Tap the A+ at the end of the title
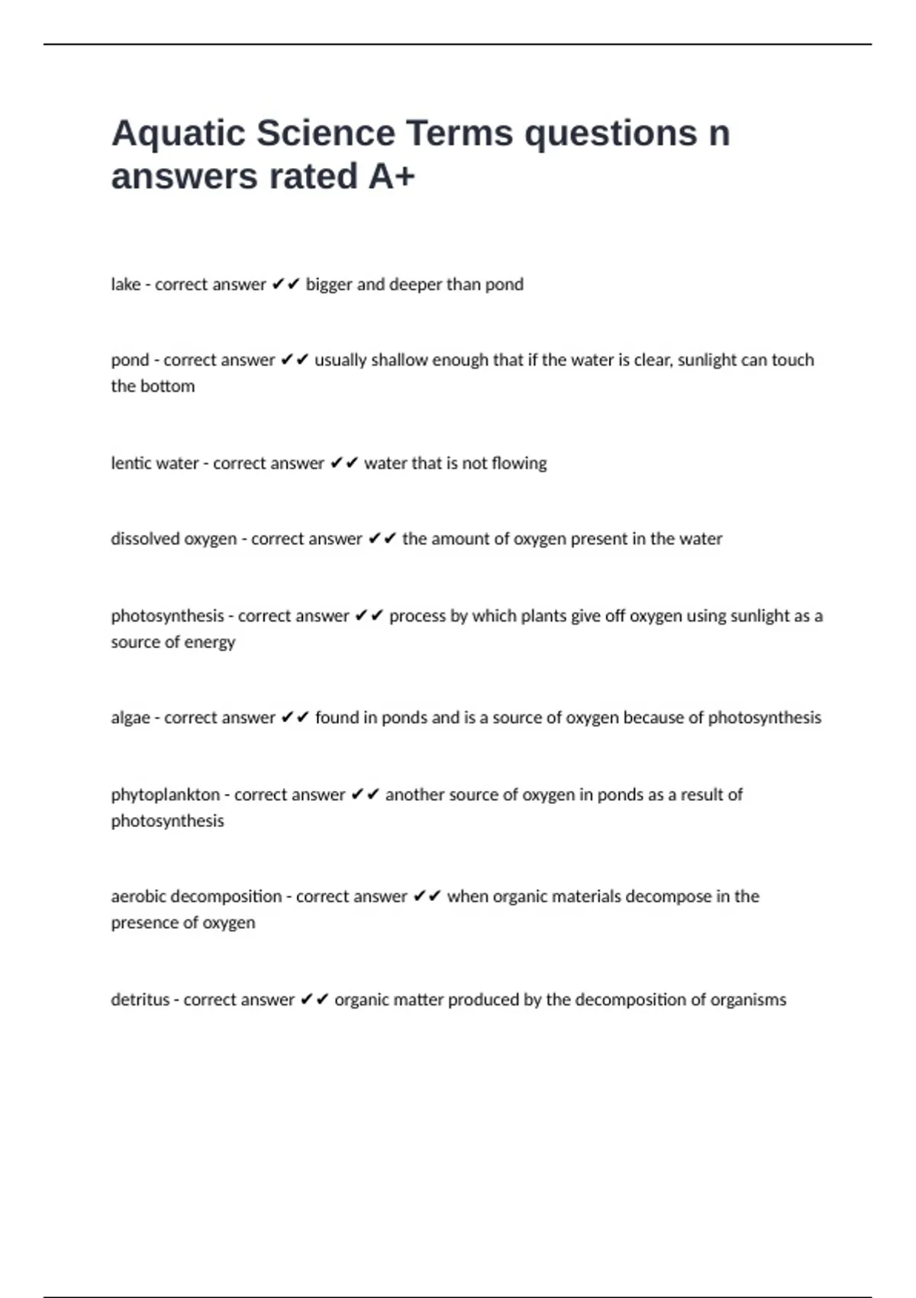(x=392, y=176)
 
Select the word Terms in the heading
(x=460, y=134)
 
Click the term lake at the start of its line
(x=126, y=285)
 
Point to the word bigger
(x=329, y=285)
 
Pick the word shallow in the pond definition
(x=399, y=360)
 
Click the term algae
(x=131, y=718)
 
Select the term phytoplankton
(x=166, y=795)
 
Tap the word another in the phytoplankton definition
(x=414, y=795)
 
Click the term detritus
(x=140, y=1000)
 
